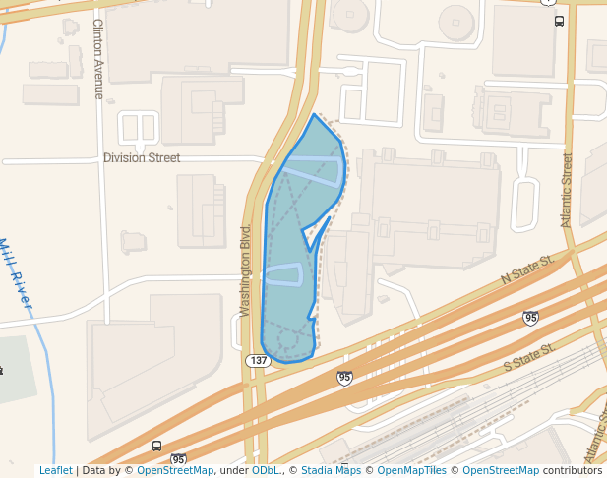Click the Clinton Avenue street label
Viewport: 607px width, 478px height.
coord(98,59)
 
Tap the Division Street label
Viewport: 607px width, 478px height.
coord(142,157)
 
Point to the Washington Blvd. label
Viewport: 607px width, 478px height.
coord(246,270)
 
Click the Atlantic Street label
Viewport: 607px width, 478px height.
coord(567,190)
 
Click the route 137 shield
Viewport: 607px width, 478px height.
coord(258,361)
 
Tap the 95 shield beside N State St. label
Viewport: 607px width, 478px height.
coord(530,317)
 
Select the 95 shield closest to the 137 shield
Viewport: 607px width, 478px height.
coord(344,378)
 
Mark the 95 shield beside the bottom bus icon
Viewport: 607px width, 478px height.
coord(178,459)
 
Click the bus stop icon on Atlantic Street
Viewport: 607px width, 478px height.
coord(559,21)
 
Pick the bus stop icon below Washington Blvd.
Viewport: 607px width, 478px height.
coord(157,446)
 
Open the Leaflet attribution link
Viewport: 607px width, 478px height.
coord(55,471)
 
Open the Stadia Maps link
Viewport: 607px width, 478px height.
coord(331,471)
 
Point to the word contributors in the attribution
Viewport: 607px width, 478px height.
coord(573,471)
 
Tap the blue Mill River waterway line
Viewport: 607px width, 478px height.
coord(37,325)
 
